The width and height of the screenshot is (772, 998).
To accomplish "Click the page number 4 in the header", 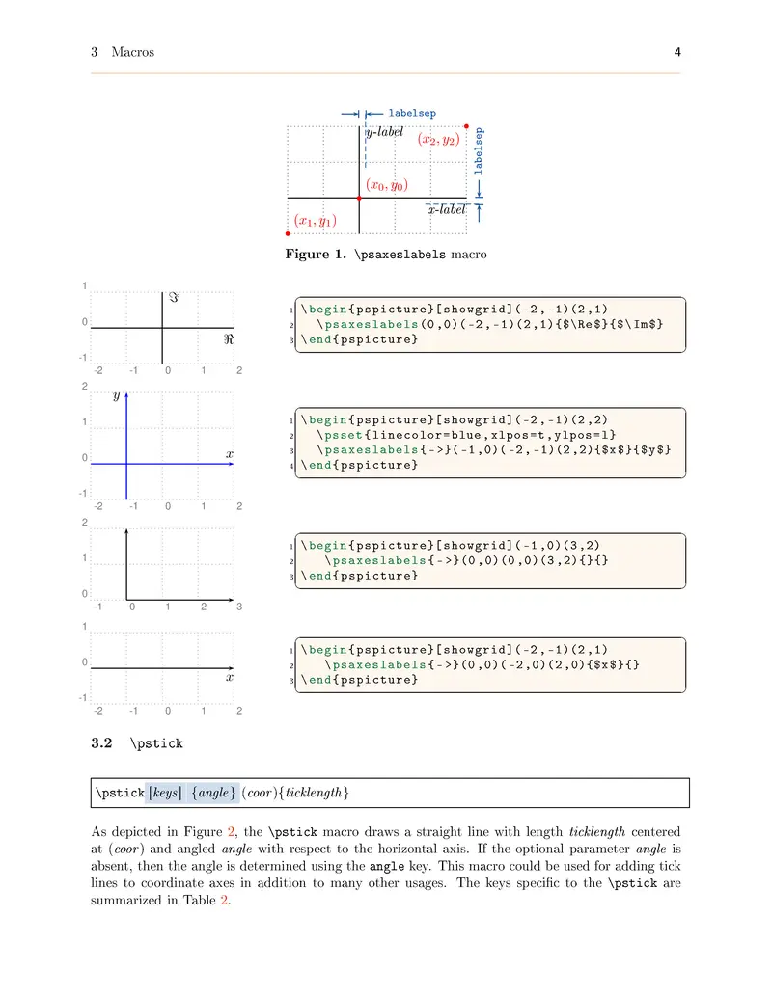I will (x=677, y=52).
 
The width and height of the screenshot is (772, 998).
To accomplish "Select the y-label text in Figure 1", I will (x=384, y=131).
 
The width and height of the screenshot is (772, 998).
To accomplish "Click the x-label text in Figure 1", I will (x=447, y=209).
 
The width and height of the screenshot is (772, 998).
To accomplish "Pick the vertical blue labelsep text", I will (x=480, y=151).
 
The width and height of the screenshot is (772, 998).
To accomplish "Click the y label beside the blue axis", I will (x=117, y=396).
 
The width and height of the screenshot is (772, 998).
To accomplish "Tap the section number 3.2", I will (x=101, y=743).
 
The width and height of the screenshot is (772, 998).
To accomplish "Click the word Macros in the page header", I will (x=133, y=52).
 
